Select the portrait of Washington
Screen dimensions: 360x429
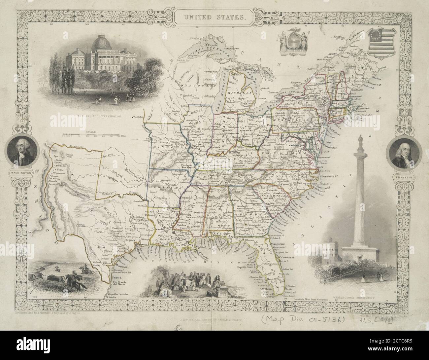pos(23,153)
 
